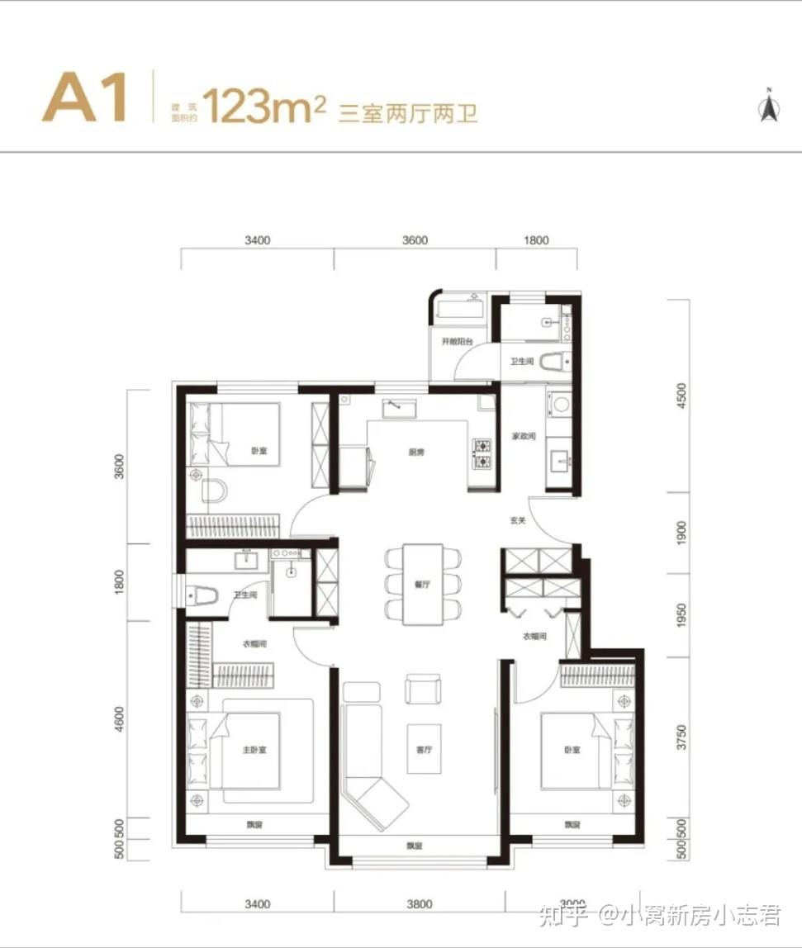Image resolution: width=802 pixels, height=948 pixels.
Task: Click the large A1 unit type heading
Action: tap(84, 98)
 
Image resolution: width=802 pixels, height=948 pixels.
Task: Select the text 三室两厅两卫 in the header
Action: tap(408, 113)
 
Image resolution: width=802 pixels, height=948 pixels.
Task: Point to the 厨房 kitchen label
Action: tap(416, 452)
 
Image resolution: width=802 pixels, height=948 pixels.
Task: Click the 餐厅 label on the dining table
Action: tap(423, 584)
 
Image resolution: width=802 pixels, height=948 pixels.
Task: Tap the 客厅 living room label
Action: tap(424, 750)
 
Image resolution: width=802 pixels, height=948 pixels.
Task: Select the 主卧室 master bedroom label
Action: tap(254, 750)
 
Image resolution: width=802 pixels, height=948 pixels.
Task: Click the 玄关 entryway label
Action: tap(518, 521)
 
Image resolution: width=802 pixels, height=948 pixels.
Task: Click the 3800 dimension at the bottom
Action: tap(420, 904)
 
